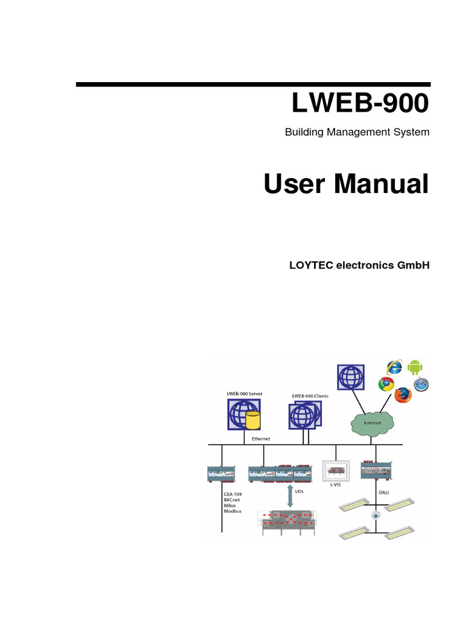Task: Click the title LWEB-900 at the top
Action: coord(360,104)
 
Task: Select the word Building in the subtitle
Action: coord(304,132)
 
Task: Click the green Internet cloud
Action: coord(373,422)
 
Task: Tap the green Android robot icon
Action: coord(415,366)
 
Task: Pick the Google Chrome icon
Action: coord(386,383)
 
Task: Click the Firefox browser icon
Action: coord(402,395)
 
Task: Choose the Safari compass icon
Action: coord(421,384)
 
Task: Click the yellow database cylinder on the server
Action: coord(253,419)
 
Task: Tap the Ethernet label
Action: coord(261,439)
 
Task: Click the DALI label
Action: coord(383,493)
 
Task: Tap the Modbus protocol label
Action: coord(233,511)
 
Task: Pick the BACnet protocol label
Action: coord(233,500)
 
